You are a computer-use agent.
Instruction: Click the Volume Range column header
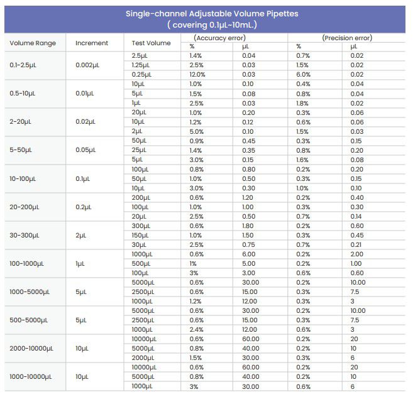[x=33, y=43]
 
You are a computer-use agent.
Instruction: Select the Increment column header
[x=92, y=43]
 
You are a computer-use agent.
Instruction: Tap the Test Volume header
[x=151, y=43]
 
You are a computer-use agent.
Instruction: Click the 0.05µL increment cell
[x=85, y=150]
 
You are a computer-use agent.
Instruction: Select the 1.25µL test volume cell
[x=141, y=65]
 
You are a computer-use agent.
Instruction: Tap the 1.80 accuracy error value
[x=248, y=226]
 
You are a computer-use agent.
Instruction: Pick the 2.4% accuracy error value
[x=196, y=329]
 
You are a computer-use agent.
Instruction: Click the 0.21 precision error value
[x=356, y=244]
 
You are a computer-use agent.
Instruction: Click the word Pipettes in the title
[x=280, y=13]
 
